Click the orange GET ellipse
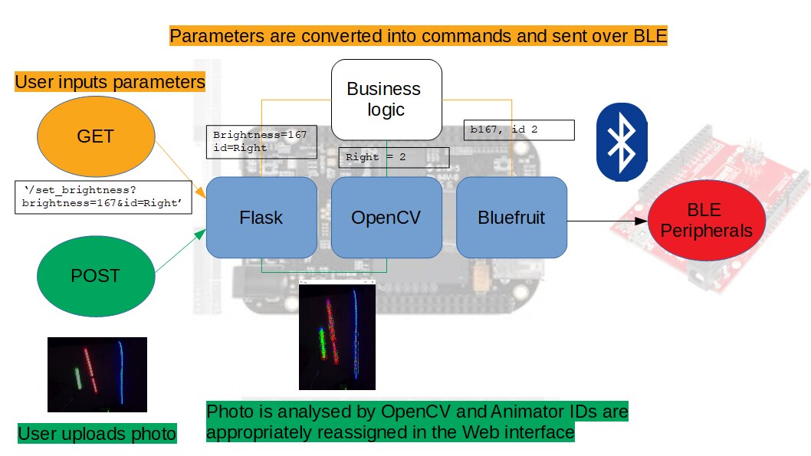[95, 137]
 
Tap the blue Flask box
[261, 218]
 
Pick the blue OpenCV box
[386, 218]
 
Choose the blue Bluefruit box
[511, 218]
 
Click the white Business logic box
[386, 99]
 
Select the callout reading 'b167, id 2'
[519, 130]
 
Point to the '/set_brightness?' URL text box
[103, 197]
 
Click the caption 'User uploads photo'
[97, 434]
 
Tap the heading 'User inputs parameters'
[110, 81]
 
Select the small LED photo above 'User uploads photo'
[97, 375]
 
